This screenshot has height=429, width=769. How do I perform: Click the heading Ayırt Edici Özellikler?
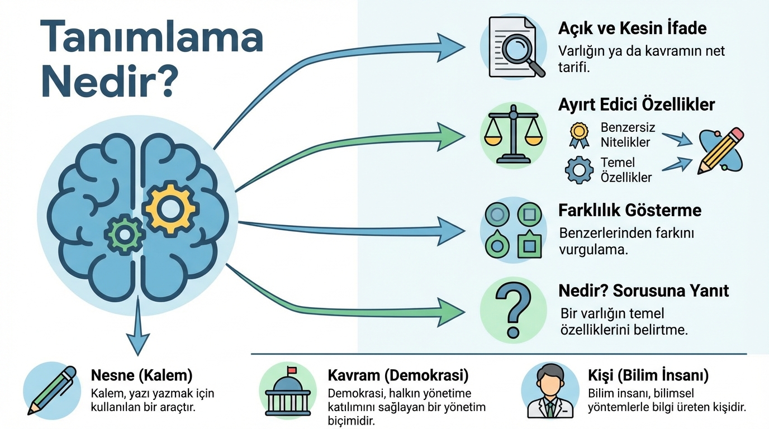636,104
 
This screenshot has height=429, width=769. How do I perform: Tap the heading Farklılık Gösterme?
629,211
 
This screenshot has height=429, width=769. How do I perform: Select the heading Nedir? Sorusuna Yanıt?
643,291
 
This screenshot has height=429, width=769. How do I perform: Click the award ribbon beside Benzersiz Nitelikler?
578,135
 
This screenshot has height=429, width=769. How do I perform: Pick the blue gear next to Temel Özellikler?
578,170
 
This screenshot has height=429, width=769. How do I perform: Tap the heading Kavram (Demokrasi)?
397,375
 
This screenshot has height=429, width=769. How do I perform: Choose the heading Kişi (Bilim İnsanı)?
648,375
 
